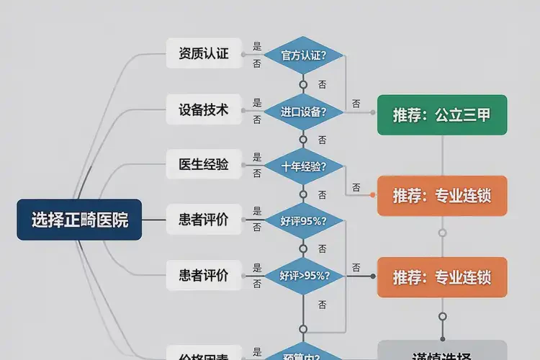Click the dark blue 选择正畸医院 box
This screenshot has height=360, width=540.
click(79, 220)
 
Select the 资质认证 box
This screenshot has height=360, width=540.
click(204, 53)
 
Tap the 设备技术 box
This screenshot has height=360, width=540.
click(204, 110)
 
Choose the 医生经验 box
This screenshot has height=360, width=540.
click(204, 165)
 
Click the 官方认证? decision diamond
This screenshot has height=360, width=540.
click(303, 55)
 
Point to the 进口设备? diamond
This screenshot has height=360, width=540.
click(303, 112)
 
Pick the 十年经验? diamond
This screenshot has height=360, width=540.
click(303, 166)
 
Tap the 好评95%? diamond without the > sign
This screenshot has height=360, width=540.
click(303, 221)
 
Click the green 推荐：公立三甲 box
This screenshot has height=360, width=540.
click(442, 114)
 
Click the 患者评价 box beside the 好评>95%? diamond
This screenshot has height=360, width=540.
click(204, 275)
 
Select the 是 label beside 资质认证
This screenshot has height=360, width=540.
click(257, 46)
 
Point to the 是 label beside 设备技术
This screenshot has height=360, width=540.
click(257, 103)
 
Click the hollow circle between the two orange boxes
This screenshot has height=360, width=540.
click(442, 233)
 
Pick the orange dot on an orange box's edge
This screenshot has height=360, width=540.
click(373, 195)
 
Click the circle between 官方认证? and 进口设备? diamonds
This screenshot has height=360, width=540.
click(303, 84)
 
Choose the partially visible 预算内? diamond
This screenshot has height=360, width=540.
click(303, 354)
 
